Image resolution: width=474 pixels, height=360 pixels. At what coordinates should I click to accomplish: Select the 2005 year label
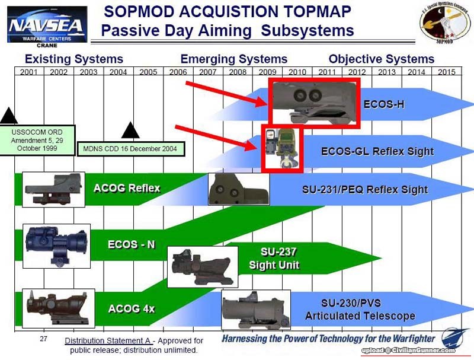(x=148, y=72)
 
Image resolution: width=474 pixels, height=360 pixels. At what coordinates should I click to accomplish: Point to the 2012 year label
(x=357, y=72)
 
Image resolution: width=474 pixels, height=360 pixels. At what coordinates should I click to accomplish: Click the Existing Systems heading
(x=74, y=59)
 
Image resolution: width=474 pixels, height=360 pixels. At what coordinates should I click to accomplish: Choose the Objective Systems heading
(x=381, y=59)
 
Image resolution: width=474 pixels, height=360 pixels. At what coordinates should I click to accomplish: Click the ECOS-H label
(x=384, y=104)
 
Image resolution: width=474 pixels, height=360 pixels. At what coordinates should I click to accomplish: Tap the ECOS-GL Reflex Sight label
(x=377, y=152)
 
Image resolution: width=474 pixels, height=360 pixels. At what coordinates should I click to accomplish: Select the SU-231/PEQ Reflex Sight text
(x=364, y=190)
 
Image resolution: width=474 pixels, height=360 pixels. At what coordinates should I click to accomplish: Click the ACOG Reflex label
(x=127, y=189)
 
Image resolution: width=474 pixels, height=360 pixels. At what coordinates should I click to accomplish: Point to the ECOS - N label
(x=132, y=244)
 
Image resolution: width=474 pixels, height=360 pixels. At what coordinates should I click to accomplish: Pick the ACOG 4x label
(x=131, y=308)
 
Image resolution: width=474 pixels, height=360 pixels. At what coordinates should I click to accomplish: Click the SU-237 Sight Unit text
(x=274, y=259)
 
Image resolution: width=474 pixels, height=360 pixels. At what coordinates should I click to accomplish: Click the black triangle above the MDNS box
(x=130, y=129)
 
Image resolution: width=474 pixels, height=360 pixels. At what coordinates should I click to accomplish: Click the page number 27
(x=43, y=339)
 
